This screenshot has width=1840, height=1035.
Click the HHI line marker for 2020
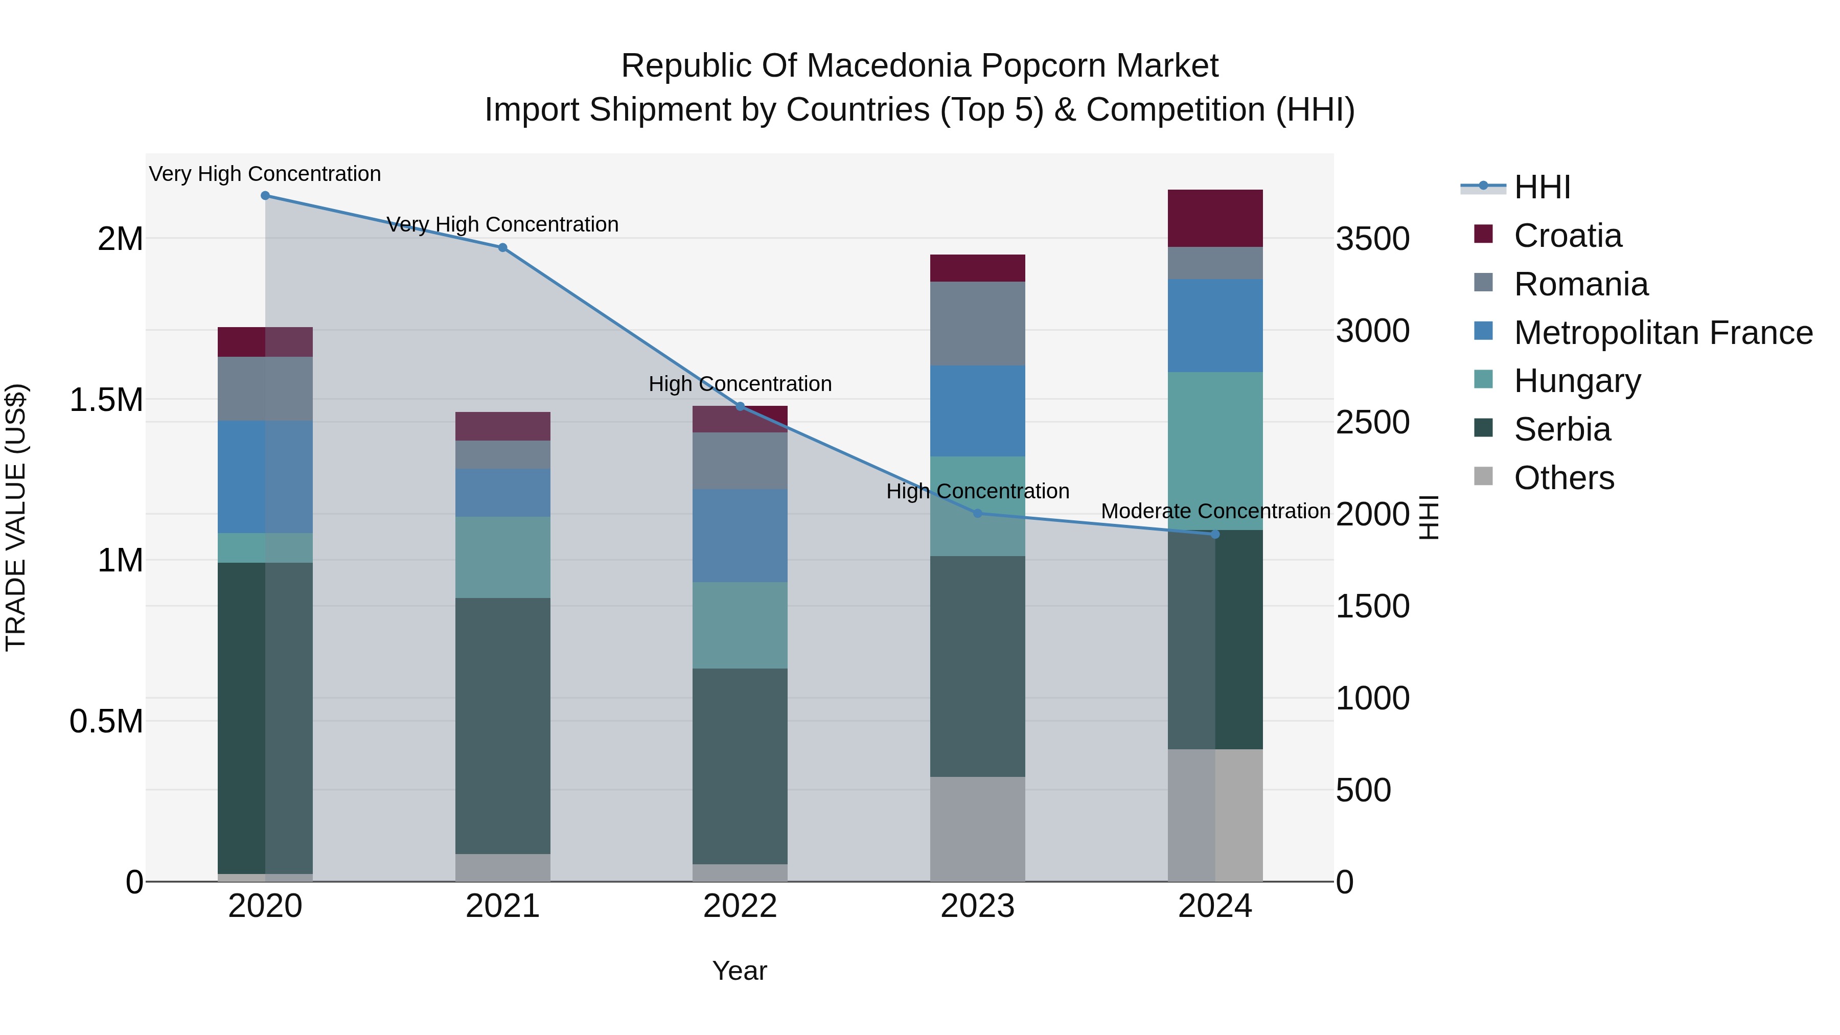(265, 196)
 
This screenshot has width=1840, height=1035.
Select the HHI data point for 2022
(740, 406)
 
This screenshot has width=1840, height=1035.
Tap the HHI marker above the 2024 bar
(1215, 534)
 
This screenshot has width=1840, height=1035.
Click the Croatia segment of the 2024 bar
(1215, 218)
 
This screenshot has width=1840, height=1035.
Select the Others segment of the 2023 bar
(977, 829)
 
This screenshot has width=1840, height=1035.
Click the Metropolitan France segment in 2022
(740, 535)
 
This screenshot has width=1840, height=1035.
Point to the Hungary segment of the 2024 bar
(1215, 450)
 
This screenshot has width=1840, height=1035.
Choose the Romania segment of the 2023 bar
(977, 323)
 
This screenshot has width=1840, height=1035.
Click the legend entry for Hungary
(1577, 381)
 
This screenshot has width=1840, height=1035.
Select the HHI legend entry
(1542, 187)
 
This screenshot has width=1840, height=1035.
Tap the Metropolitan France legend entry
(1663, 333)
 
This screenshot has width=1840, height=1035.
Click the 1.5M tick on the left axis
(106, 399)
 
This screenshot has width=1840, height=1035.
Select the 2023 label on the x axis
(977, 906)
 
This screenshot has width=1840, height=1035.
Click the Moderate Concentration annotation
(1215, 512)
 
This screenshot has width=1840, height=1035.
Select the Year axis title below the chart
(739, 971)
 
